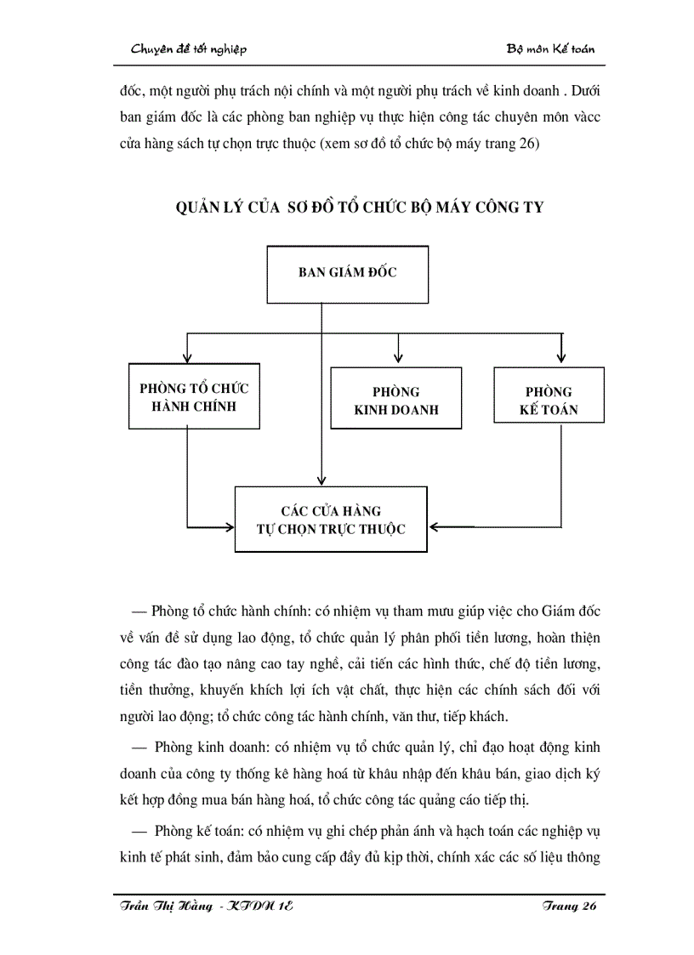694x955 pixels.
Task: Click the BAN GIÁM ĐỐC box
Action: tap(348, 274)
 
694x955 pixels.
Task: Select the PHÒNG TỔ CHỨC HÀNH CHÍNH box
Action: tap(194, 397)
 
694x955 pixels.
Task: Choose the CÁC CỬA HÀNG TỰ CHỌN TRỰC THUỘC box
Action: tap(331, 520)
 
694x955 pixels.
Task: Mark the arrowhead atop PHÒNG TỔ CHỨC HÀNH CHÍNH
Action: tap(186, 355)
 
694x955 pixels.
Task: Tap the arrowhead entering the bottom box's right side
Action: tap(435, 527)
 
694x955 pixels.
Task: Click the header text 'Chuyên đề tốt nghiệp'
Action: tap(189, 48)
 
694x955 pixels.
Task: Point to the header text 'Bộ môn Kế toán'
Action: tap(550, 48)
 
